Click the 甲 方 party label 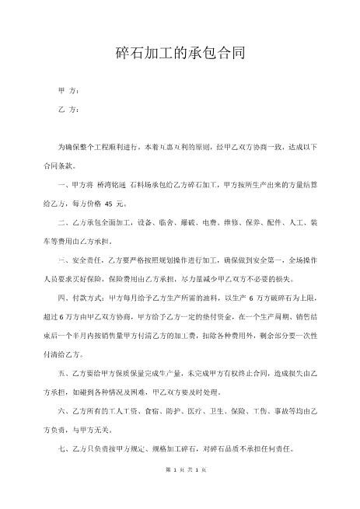[x=68, y=92]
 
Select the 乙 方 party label [x=68, y=110]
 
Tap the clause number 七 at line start [x=62, y=450]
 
